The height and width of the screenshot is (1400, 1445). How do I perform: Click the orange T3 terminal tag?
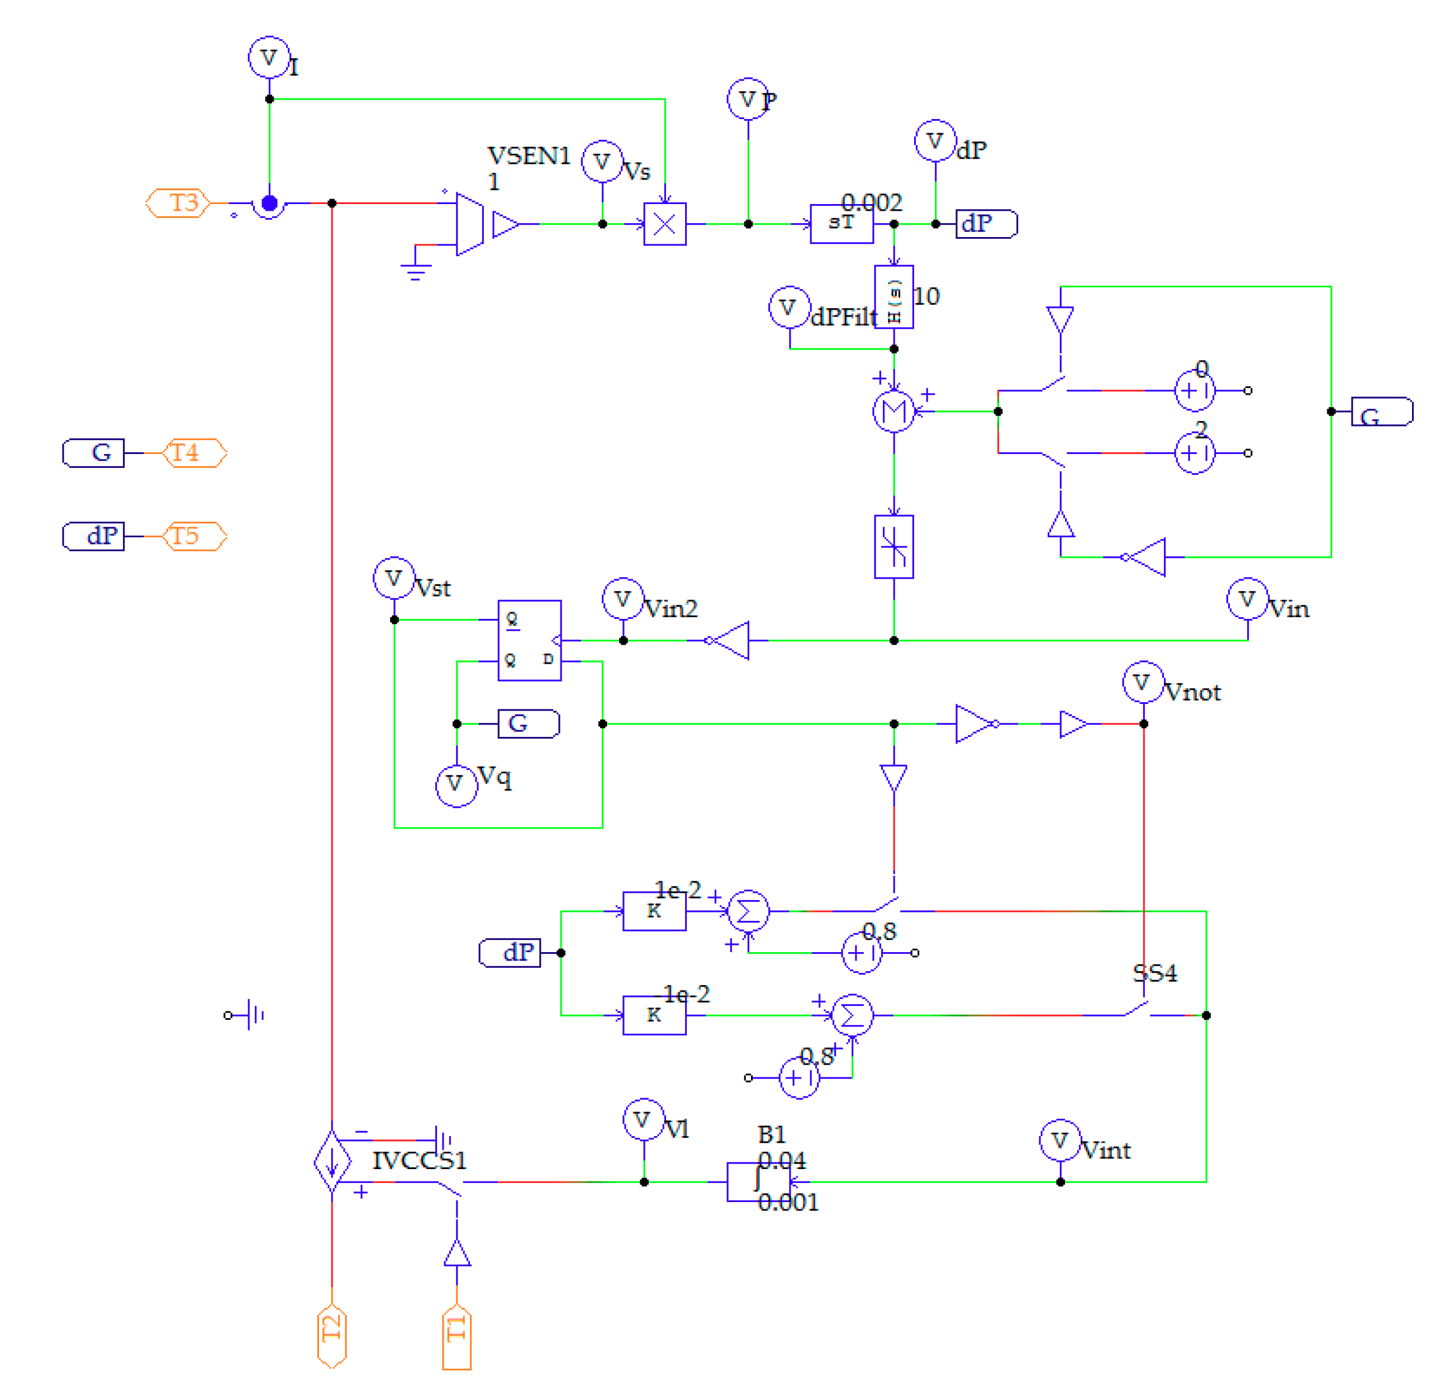pos(178,203)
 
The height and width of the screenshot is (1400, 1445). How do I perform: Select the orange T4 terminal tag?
pos(194,453)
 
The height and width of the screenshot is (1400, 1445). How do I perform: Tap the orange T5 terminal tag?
pos(194,536)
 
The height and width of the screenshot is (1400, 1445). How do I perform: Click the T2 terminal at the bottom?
pos(332,1337)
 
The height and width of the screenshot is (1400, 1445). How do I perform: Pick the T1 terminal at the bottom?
pos(457,1338)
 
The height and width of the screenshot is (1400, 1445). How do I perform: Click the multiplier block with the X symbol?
pos(664,224)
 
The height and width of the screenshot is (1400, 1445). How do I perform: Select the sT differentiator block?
pos(841,224)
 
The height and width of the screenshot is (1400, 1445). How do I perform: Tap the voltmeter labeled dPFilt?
pos(789,307)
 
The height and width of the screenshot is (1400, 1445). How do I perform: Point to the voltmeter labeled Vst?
pos(394,578)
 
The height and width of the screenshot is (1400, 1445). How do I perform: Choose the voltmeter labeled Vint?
pos(1059,1141)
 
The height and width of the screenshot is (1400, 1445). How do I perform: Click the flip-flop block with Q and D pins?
pos(529,640)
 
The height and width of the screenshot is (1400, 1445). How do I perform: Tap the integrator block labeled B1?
pos(757,1181)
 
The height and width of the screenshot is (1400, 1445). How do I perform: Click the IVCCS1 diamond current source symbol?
pos(332,1162)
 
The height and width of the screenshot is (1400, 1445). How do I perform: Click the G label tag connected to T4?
pos(94,453)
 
